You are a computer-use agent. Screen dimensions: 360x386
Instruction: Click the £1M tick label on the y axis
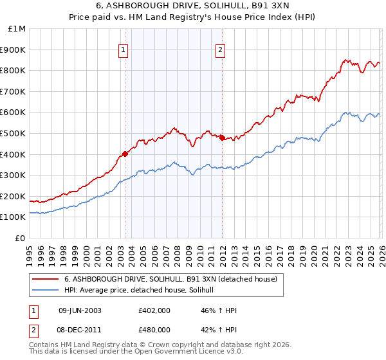(x=17, y=29)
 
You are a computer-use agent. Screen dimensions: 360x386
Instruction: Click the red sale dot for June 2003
(x=125, y=154)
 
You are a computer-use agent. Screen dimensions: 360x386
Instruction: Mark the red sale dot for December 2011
(x=222, y=138)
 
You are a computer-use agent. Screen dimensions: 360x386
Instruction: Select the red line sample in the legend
(x=46, y=279)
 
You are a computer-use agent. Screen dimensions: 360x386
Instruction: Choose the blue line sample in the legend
(x=46, y=291)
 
